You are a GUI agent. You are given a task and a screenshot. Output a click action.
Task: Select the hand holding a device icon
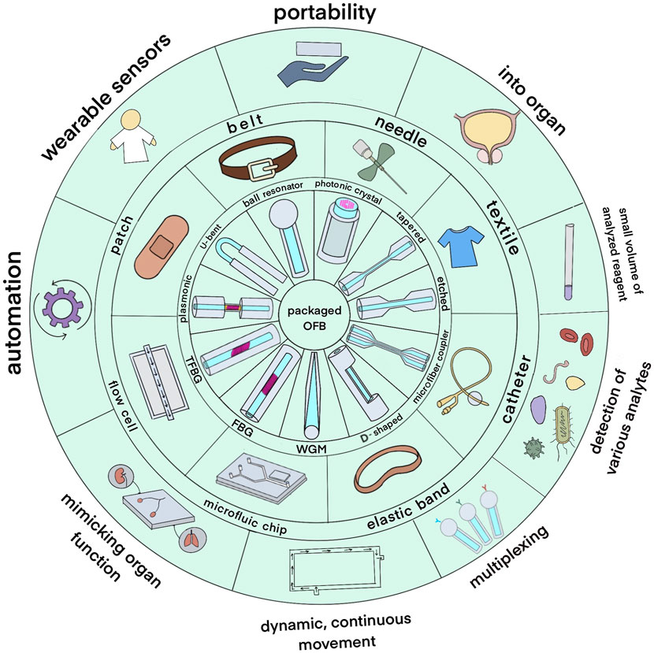(x=307, y=66)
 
